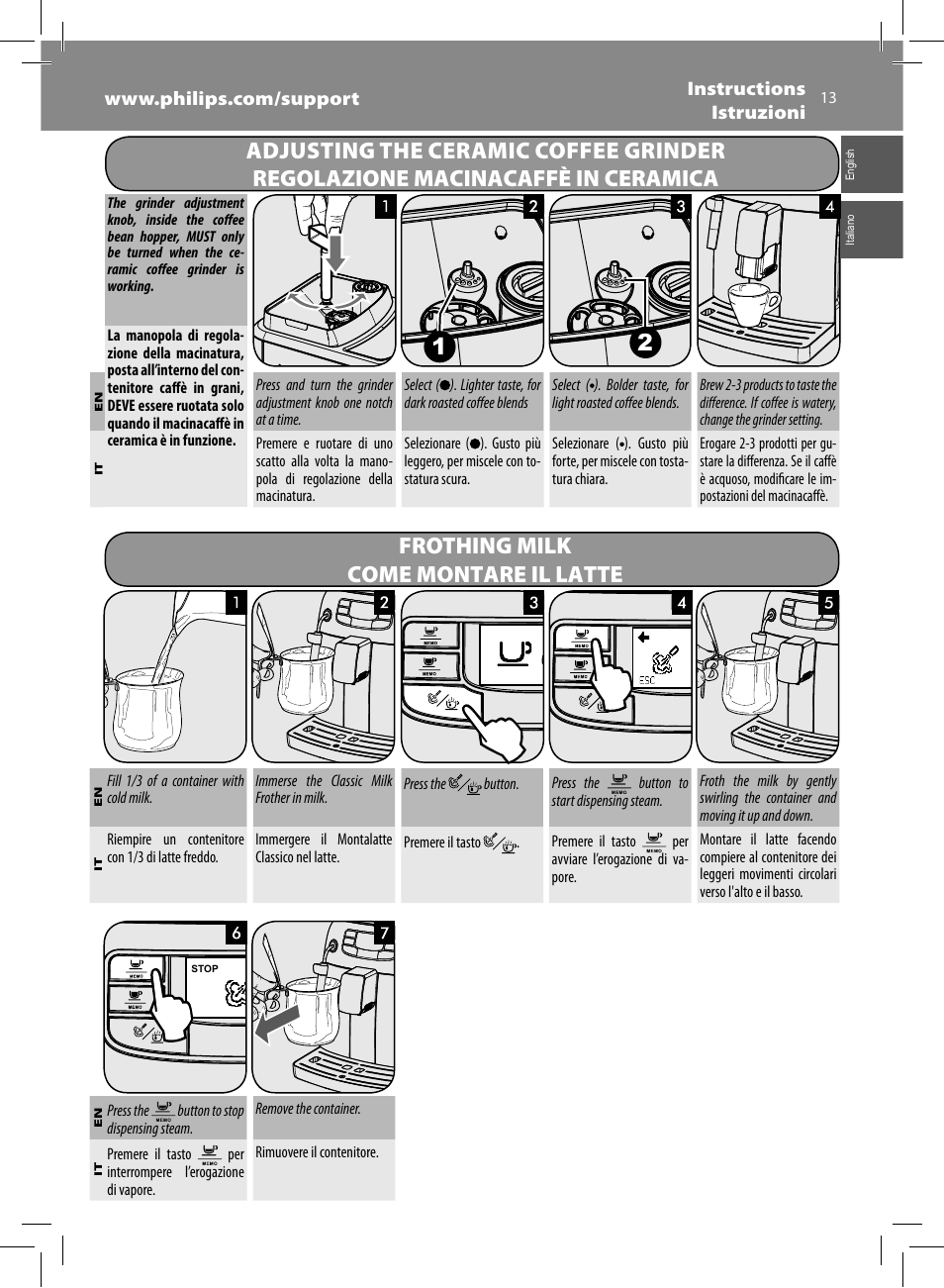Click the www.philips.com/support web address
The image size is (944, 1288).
[232, 98]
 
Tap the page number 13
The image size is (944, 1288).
[828, 97]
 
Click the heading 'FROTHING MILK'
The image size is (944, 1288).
[485, 545]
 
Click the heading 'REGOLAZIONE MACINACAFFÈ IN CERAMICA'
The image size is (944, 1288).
[485, 178]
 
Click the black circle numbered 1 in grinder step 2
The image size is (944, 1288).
[439, 347]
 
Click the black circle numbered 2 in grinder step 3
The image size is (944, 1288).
[645, 343]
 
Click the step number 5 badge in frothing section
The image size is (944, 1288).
[828, 602]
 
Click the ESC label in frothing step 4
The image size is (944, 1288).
[647, 680]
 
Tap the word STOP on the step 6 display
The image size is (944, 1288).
[205, 968]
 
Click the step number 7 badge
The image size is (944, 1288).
[383, 933]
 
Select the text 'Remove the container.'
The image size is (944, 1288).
[308, 1109]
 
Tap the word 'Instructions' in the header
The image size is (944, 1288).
[746, 88]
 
